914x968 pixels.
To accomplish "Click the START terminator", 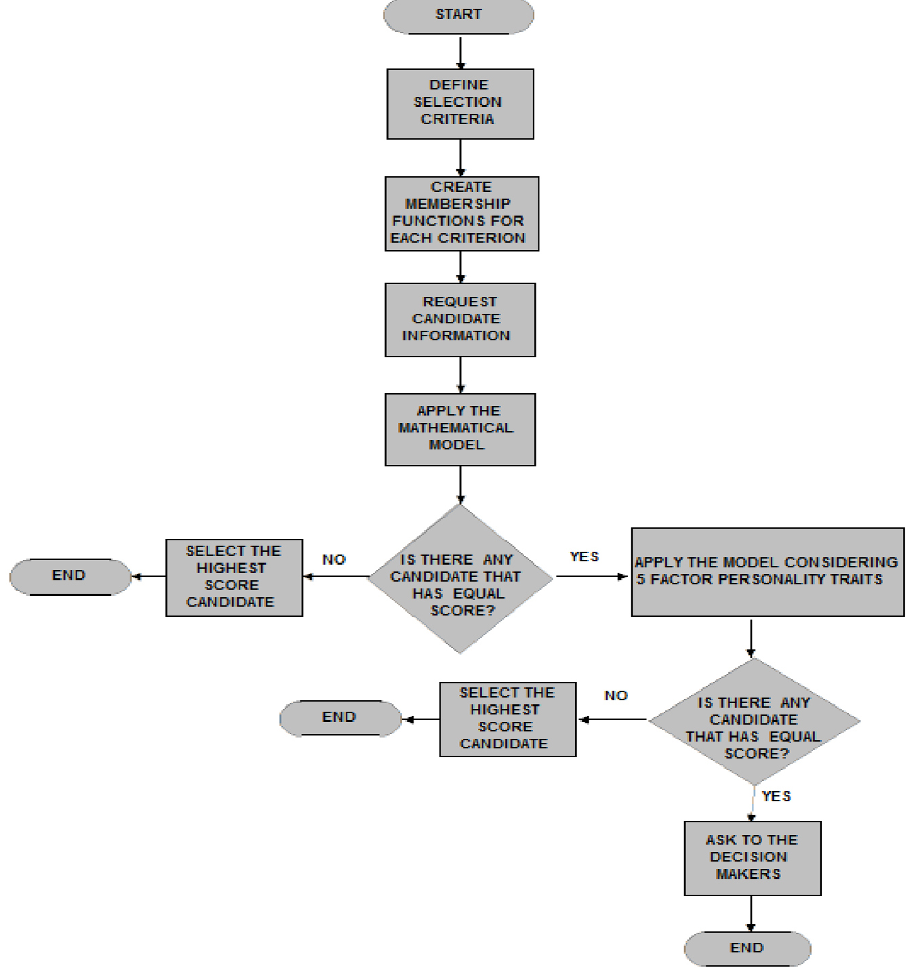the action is (x=458, y=16).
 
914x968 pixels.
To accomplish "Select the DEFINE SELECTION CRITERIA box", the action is (x=460, y=104).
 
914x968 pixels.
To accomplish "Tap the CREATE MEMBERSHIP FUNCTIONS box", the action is (x=462, y=214).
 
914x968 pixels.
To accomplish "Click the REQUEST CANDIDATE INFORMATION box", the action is (x=460, y=320).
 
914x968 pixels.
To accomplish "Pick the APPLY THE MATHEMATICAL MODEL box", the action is (x=460, y=429).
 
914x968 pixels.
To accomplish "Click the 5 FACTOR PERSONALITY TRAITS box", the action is (x=768, y=571).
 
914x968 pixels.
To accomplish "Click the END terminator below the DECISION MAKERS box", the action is (x=747, y=948).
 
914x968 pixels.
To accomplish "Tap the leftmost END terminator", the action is (x=71, y=577).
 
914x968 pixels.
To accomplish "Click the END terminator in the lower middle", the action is (x=340, y=719).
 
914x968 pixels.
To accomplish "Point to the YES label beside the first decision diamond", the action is (x=584, y=557).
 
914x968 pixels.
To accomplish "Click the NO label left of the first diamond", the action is (x=334, y=559).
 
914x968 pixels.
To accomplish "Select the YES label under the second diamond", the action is (x=776, y=796).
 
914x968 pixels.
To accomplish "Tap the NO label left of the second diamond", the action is (x=616, y=695).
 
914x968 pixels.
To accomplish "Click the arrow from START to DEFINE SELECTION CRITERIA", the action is (x=460, y=53).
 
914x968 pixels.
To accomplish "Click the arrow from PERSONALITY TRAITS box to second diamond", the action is (x=751, y=639).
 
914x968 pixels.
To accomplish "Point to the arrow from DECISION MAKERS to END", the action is (x=751, y=914).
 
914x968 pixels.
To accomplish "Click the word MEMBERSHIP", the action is (x=458, y=204).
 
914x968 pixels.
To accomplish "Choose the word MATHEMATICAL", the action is (x=456, y=428).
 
